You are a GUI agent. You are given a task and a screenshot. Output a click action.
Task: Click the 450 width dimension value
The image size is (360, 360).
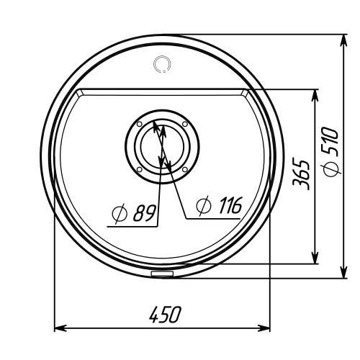tap(164, 314)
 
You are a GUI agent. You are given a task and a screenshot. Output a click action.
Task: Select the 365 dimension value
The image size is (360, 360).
tap(301, 174)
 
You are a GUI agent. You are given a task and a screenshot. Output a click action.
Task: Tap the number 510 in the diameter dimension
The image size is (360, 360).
tap(330, 142)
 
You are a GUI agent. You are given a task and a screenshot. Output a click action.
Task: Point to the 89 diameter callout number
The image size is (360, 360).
tap(144, 213)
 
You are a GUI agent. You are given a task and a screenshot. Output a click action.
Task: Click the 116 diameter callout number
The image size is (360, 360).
tap(230, 205)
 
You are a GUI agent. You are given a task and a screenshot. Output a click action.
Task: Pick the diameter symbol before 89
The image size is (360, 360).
tap(120, 213)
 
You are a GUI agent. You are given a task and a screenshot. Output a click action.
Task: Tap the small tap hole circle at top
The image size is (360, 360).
tap(162, 64)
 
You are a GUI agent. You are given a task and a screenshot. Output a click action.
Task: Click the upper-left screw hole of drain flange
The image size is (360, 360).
tap(140, 124)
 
